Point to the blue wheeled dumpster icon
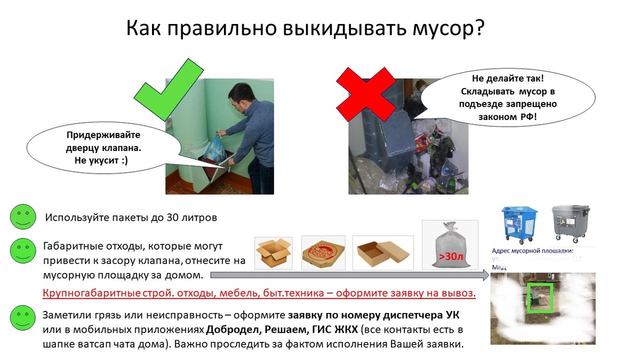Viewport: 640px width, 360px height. click(x=519, y=223)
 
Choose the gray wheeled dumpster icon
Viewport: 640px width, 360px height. click(x=570, y=223)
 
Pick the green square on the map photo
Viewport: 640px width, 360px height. click(x=540, y=298)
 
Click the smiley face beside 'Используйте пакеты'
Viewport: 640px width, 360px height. click(x=22, y=217)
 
